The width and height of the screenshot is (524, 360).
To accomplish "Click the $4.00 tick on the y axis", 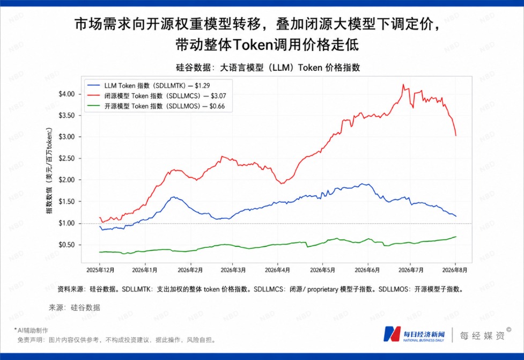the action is tap(67, 94).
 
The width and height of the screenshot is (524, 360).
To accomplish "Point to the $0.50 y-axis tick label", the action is tap(67, 245).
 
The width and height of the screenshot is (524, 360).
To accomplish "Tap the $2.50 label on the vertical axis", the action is tap(67, 158).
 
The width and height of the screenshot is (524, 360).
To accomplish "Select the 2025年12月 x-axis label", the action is tap(100, 270).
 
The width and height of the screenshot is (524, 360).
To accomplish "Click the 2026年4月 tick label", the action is tap(277, 270).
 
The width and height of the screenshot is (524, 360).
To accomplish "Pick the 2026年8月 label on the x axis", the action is tap(455, 270).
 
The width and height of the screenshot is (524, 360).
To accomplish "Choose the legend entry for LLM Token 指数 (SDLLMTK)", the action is tap(149, 86).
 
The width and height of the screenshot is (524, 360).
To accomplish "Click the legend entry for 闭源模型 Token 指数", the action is tap(157, 96).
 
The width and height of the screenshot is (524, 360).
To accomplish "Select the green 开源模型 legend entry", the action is tap(156, 106).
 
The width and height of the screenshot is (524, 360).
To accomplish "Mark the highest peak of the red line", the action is tap(403, 85).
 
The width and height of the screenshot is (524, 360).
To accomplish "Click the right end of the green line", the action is tap(456, 237).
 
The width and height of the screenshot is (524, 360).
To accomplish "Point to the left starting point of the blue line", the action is tap(100, 226).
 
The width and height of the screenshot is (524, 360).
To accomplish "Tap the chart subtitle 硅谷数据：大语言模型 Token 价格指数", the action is tap(268, 68).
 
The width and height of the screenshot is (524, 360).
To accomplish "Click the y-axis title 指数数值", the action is tap(49, 171).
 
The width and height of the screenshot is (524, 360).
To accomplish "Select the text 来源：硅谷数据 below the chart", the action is tap(74, 307).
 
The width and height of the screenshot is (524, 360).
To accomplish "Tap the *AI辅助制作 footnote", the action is tap(31, 330).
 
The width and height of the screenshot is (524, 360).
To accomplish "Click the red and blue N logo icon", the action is tap(392, 334).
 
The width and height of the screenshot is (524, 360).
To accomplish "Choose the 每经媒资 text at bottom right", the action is tap(482, 335).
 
